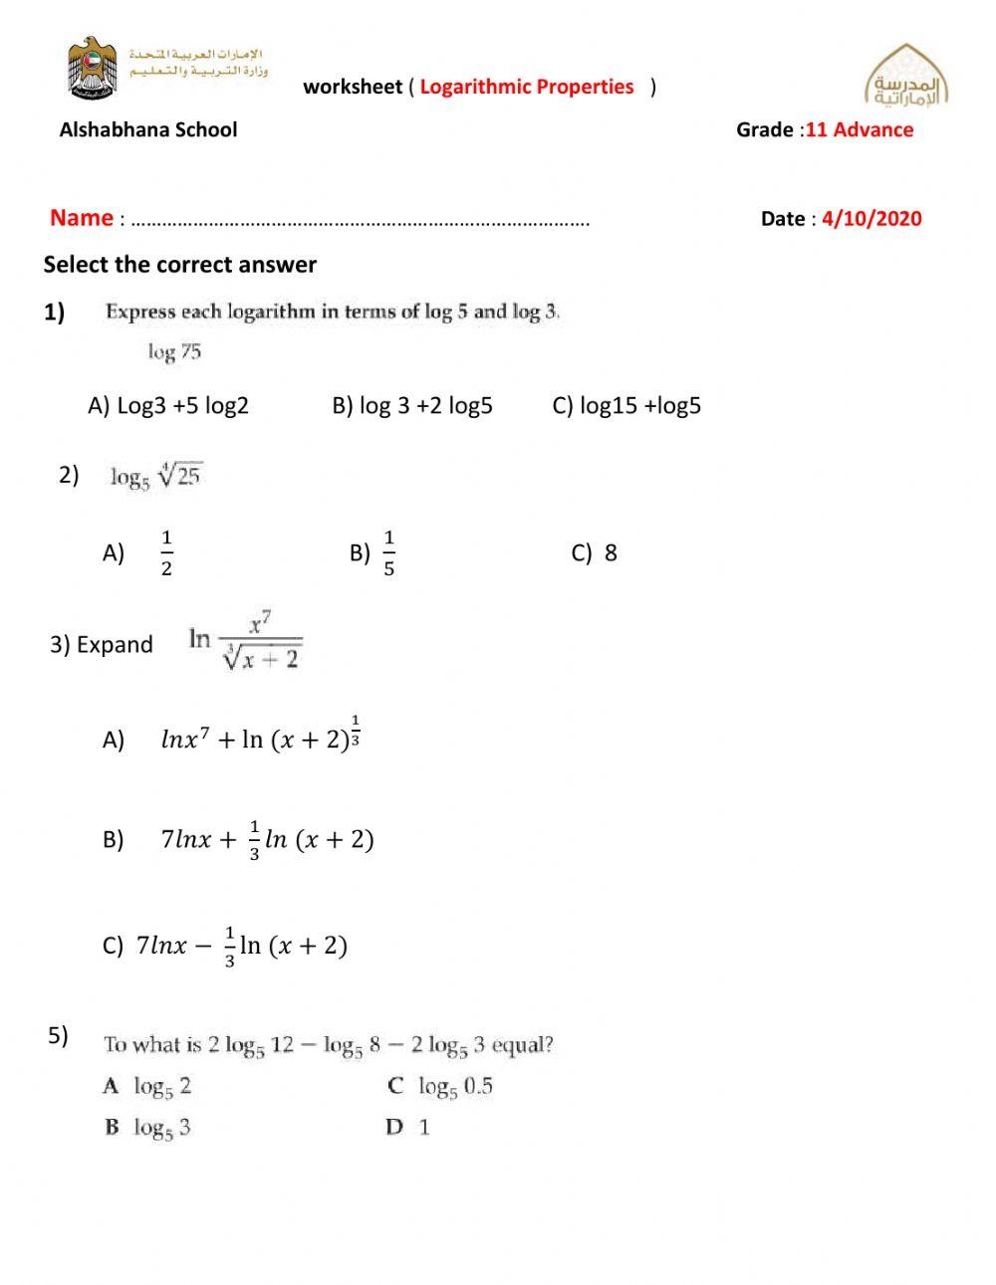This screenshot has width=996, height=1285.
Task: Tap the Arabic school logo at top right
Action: click(x=905, y=78)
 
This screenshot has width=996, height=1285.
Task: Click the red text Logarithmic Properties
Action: click(x=526, y=87)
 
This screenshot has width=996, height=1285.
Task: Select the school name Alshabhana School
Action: click(x=148, y=129)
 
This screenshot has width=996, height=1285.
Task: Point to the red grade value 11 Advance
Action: click(x=859, y=129)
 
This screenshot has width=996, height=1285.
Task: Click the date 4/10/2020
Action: click(x=871, y=219)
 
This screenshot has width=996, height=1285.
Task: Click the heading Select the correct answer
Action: click(x=179, y=265)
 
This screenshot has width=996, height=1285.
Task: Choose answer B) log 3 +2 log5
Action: click(x=412, y=406)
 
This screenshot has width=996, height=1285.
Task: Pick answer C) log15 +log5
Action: click(x=626, y=406)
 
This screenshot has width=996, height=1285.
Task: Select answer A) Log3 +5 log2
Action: click(x=168, y=406)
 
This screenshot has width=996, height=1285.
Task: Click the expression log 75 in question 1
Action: click(x=174, y=351)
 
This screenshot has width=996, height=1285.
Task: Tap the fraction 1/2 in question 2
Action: click(x=166, y=553)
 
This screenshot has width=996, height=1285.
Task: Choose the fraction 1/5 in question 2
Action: click(x=388, y=553)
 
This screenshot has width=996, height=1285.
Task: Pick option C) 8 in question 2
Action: click(x=595, y=553)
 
